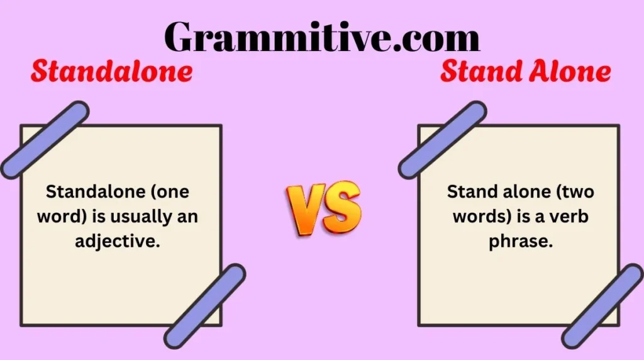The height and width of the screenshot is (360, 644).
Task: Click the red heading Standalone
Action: tap(111, 72)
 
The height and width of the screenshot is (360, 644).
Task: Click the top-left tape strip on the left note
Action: tap(44, 140)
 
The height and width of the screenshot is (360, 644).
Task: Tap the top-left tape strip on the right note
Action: tap(442, 140)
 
